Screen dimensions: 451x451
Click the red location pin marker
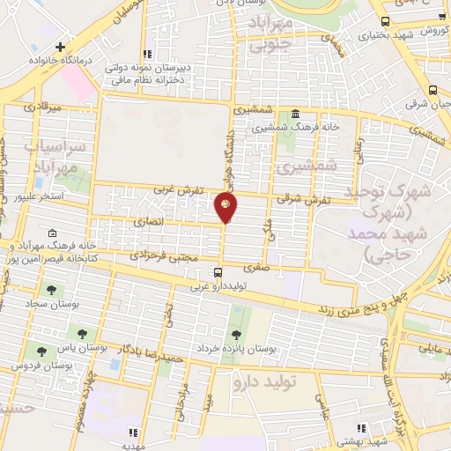tap(225, 207)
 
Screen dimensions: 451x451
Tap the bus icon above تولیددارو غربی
tap(218, 272)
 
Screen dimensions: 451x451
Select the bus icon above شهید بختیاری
tap(385, 21)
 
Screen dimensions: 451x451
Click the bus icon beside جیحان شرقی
tap(432, 90)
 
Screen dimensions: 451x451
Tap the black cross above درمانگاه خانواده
tap(60, 47)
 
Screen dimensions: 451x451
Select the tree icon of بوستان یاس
tap(82, 333)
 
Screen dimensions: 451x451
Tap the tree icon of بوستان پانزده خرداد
tap(235, 334)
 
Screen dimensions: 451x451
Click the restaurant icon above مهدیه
tap(133, 433)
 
